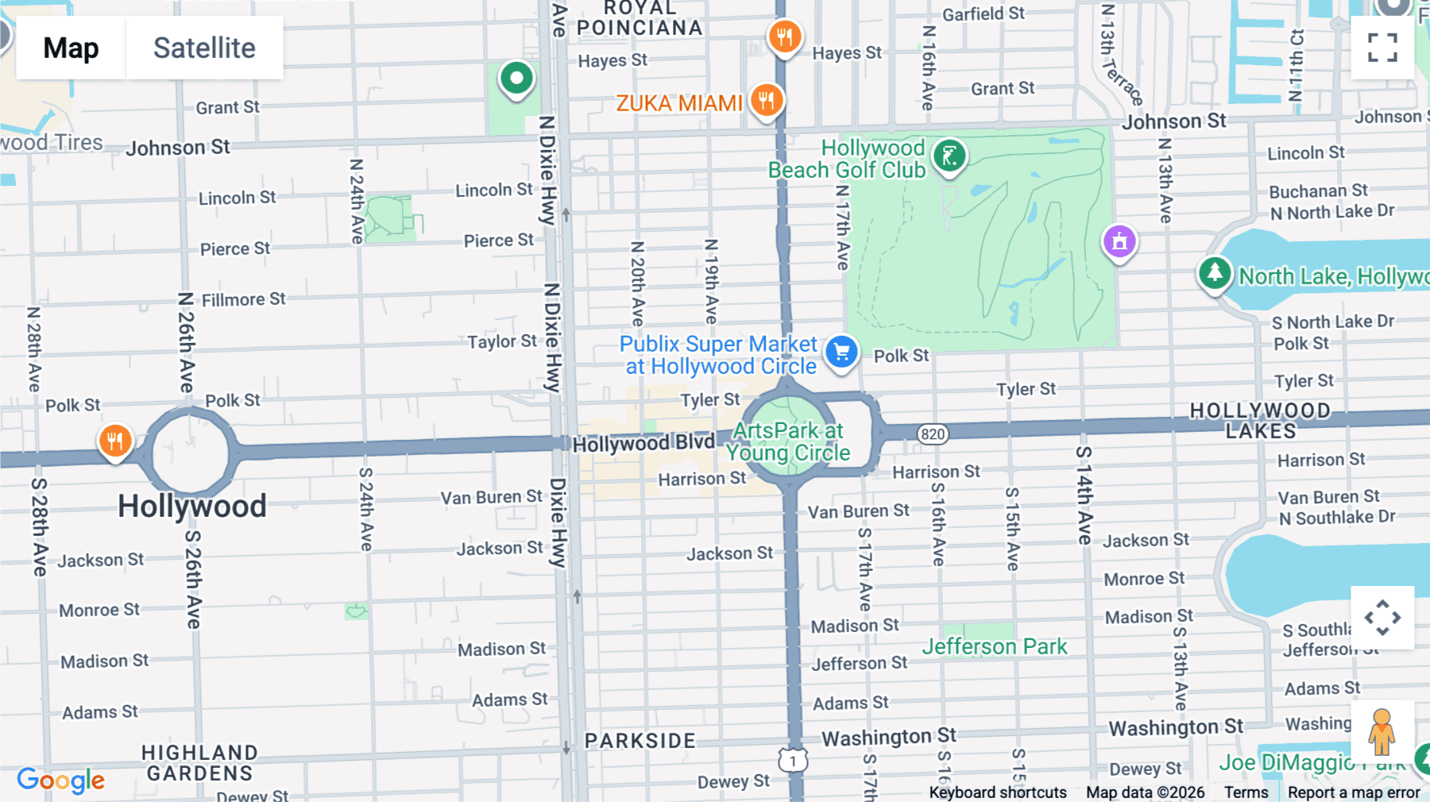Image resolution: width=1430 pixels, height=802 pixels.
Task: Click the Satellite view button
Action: pyautogui.click(x=204, y=48)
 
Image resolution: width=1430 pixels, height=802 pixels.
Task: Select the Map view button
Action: pyautogui.click(x=71, y=48)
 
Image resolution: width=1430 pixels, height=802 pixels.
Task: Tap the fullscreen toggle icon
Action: pyautogui.click(x=1382, y=48)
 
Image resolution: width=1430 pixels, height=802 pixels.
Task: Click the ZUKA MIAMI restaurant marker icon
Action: pyautogui.click(x=767, y=101)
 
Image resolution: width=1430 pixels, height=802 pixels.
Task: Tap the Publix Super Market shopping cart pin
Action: pyautogui.click(x=841, y=351)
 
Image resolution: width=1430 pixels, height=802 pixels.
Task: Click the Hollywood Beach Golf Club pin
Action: pyautogui.click(x=949, y=156)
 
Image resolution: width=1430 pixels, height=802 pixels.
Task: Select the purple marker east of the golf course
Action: pyautogui.click(x=1119, y=241)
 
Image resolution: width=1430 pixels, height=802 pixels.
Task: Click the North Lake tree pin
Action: pyautogui.click(x=1214, y=274)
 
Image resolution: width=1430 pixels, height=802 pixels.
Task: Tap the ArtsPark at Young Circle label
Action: pyautogui.click(x=787, y=441)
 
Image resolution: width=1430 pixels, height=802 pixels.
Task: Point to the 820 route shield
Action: pyautogui.click(x=933, y=434)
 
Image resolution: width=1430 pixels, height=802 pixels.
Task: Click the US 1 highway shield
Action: pyautogui.click(x=793, y=761)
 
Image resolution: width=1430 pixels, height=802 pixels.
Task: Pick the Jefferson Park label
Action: pyautogui.click(x=994, y=646)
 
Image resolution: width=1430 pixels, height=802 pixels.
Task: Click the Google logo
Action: pyautogui.click(x=60, y=780)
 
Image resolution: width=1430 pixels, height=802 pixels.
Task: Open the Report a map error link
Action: pyautogui.click(x=1353, y=792)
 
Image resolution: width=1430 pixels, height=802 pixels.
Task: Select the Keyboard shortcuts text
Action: pyautogui.click(x=997, y=792)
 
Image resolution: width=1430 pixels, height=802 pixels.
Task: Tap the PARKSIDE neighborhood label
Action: pyautogui.click(x=640, y=741)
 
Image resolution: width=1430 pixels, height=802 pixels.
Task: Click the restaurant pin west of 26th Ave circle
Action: pyautogui.click(x=115, y=441)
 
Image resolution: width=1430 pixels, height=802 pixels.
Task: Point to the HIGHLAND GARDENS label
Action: pyautogui.click(x=199, y=762)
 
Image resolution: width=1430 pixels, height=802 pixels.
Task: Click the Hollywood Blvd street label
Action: pyautogui.click(x=643, y=443)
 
